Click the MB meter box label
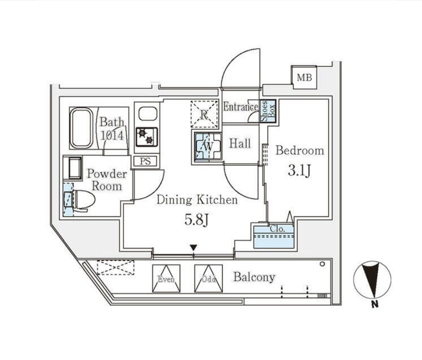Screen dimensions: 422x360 304,78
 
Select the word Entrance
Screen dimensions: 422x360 240,107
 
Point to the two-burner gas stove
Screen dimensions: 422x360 147,137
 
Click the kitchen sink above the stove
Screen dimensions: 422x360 148,114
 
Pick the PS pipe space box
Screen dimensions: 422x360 145,161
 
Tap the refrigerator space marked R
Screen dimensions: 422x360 204,114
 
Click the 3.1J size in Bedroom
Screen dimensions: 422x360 300,170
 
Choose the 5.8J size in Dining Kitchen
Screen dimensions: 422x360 197,220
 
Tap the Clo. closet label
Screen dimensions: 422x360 277,229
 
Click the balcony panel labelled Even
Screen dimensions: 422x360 166,279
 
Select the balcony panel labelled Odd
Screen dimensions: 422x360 209,279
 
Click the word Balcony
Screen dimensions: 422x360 254,277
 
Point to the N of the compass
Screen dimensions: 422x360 374,305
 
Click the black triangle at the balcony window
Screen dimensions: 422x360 193,247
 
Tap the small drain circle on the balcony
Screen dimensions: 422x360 322,264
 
